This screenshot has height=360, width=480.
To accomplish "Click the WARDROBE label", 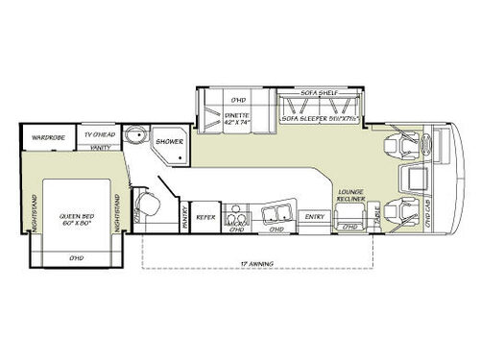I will (46, 135).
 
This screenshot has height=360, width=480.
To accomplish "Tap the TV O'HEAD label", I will (99, 135).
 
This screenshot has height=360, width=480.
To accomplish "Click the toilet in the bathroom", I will (144, 204).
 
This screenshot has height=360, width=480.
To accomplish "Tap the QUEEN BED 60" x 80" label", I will (74, 217).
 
